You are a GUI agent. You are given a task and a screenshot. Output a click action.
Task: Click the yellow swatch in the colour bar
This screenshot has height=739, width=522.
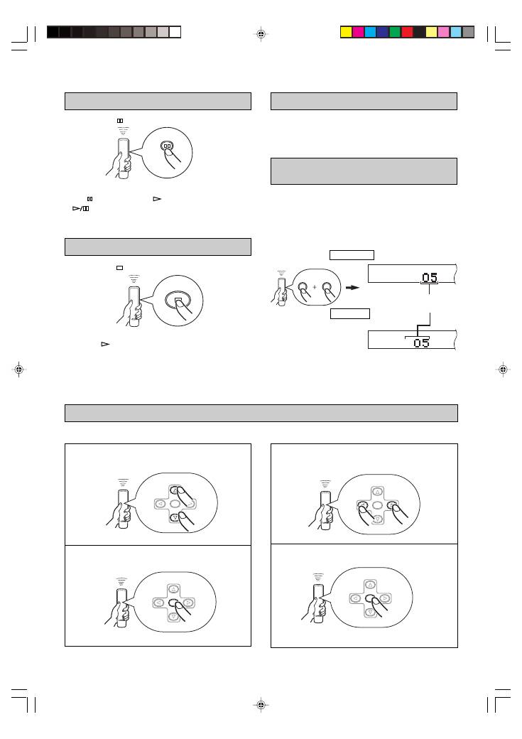click(x=347, y=32)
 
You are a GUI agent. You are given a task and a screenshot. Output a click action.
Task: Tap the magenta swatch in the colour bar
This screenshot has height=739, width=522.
click(x=359, y=32)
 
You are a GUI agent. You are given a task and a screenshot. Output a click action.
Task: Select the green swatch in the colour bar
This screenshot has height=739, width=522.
click(x=395, y=32)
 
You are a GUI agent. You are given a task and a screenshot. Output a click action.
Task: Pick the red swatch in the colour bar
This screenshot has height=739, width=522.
click(x=407, y=32)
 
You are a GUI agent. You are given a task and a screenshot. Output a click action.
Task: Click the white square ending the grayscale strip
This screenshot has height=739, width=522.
click(x=175, y=32)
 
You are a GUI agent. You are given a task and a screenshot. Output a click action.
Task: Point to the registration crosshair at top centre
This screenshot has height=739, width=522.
click(x=261, y=34)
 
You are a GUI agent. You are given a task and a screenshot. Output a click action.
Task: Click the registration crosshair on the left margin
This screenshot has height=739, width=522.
click(x=19, y=369)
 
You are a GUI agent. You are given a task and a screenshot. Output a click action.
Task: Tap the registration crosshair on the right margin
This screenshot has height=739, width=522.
click(x=503, y=369)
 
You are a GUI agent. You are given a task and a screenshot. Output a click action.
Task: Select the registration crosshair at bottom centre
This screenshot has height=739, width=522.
click(x=261, y=705)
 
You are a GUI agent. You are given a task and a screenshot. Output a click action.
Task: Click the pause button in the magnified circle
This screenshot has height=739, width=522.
click(x=167, y=146)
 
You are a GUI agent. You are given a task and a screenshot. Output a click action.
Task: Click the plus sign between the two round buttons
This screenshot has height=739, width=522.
click(x=315, y=286)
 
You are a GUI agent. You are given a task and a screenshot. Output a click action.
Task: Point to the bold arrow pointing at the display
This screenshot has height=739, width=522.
click(x=352, y=288)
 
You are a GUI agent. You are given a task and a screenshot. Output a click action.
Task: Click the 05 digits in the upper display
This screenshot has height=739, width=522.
click(x=429, y=277)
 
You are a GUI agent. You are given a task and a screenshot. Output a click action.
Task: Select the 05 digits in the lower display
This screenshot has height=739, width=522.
click(x=421, y=342)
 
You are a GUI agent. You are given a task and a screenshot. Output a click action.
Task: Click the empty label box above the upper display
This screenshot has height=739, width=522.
click(x=352, y=255)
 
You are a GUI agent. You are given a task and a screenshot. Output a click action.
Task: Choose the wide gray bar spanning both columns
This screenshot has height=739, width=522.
click(x=261, y=413)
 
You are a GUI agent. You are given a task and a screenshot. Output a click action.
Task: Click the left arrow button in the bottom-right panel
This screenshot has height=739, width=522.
click(x=356, y=598)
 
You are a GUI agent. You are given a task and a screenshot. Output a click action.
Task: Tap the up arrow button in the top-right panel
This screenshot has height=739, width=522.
click(x=377, y=492)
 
